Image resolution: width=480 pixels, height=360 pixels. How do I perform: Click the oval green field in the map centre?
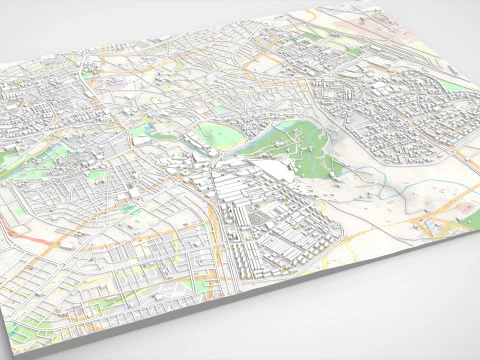[217, 137]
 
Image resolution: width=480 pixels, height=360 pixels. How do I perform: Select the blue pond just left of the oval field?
[150, 129]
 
